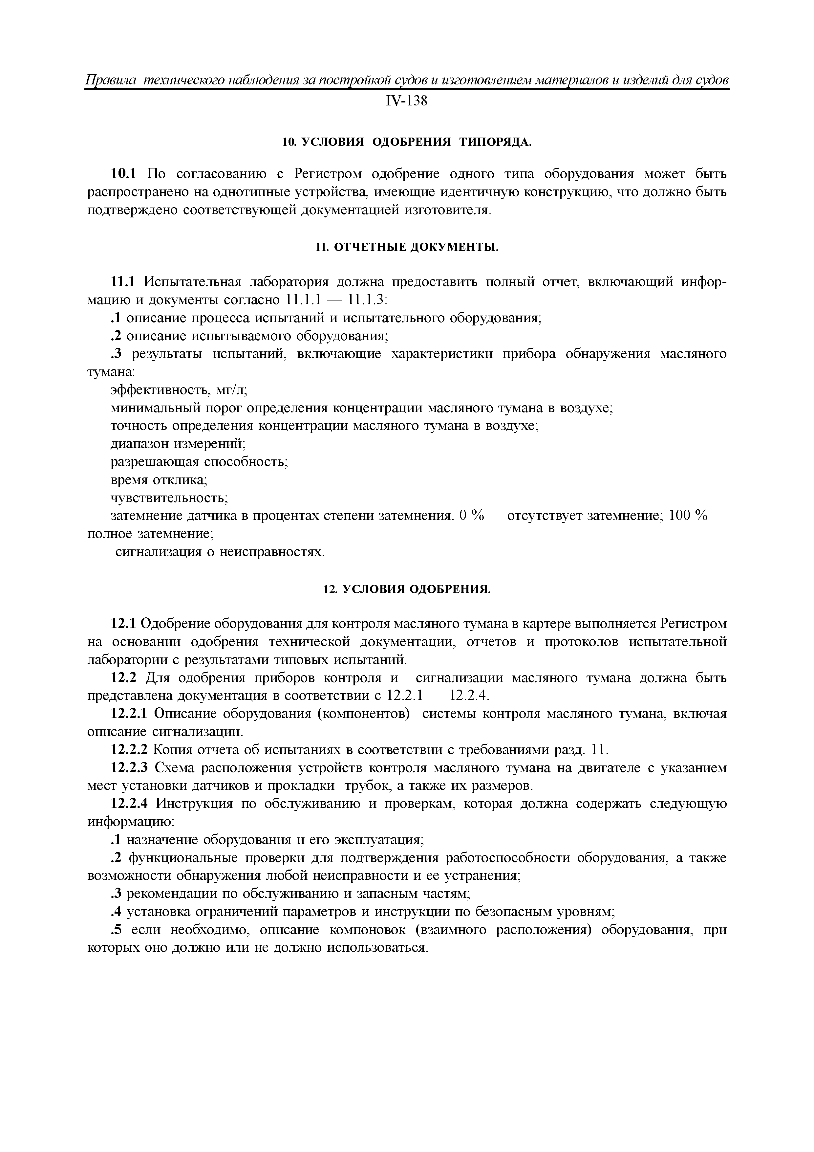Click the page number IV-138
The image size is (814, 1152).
pos(406,101)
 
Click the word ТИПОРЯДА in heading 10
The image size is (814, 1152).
pos(495,143)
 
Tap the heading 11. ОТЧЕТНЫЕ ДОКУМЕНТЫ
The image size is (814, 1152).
pos(407,247)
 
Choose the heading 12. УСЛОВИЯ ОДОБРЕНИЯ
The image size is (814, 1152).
pos(407,589)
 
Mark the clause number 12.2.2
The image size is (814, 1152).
pos(129,750)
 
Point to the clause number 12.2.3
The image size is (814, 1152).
pos(129,768)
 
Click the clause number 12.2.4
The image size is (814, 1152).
pos(129,804)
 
